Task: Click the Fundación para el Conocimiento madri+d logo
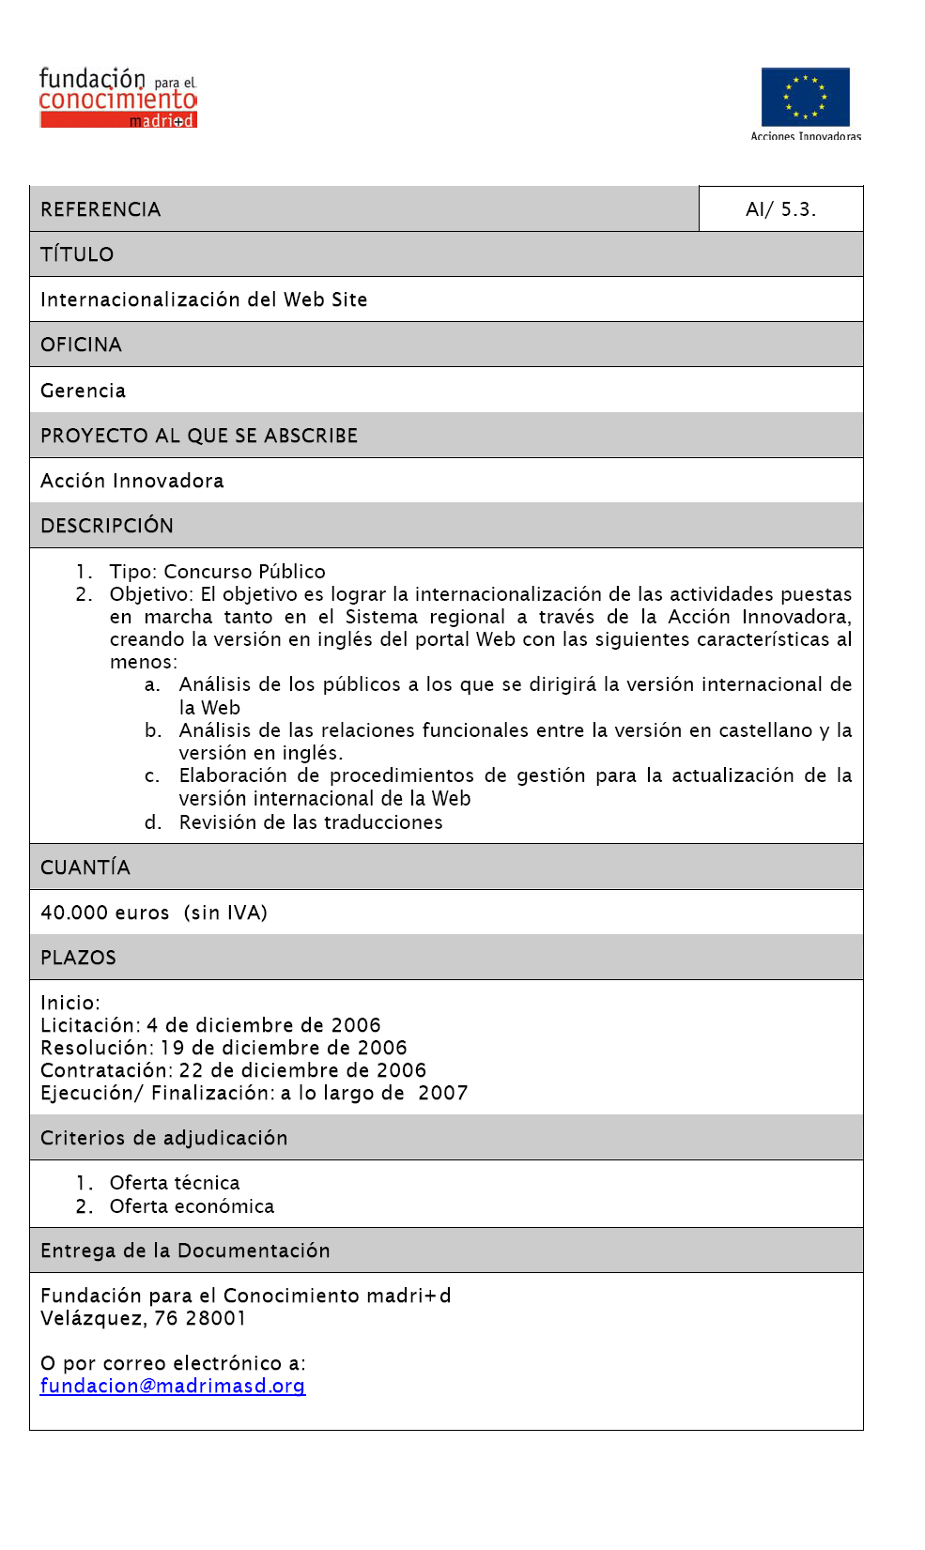tap(117, 98)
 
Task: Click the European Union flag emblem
tap(805, 97)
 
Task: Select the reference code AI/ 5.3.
tap(780, 209)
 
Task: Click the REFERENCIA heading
tap(100, 209)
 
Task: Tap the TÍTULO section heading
tap(77, 254)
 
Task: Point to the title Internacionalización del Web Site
tap(204, 299)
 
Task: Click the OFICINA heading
tap(81, 345)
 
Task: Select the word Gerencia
tap(83, 391)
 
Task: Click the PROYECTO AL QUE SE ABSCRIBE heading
tap(199, 436)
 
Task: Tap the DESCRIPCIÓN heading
tap(107, 526)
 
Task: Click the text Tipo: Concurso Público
tap(217, 572)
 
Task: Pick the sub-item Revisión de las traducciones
tap(311, 822)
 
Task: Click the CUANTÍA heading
tap(85, 867)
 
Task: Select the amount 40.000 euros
tap(105, 913)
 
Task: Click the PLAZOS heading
tap(78, 958)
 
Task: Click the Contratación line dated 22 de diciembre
tap(233, 1070)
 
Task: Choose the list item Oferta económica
tap(192, 1206)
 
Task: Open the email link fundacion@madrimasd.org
tap(173, 1386)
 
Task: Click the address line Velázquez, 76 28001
tap(143, 1318)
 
